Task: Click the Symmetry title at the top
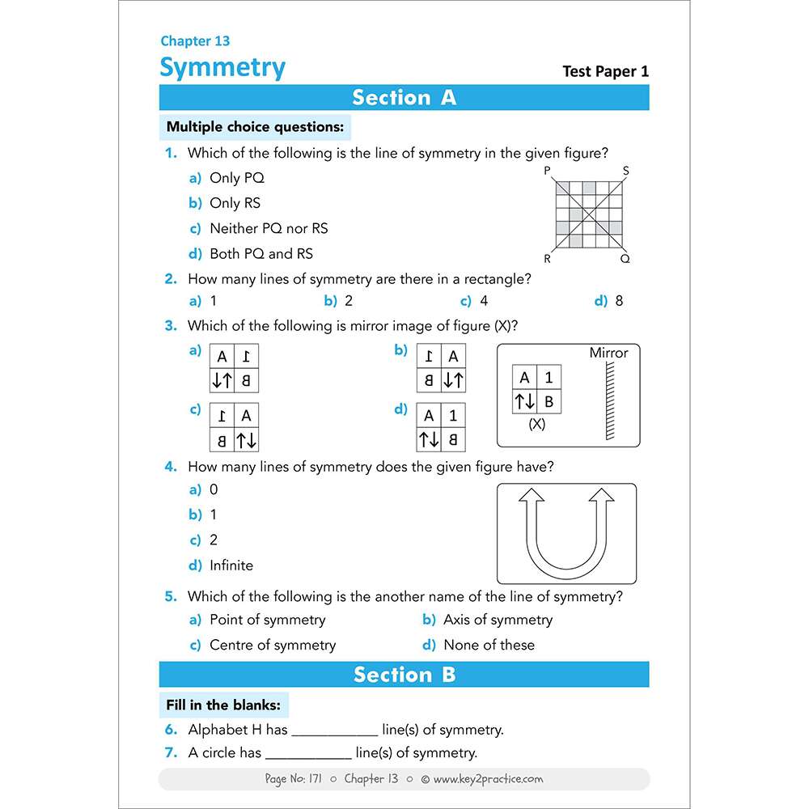tap(222, 68)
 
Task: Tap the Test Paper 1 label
tap(605, 71)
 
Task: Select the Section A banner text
tap(404, 98)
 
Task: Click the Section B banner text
tap(404, 675)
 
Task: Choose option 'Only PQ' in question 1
tap(236, 178)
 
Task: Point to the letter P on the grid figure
tap(548, 171)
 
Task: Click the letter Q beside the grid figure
tap(625, 259)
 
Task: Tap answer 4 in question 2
tap(483, 302)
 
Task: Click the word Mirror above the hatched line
tap(608, 353)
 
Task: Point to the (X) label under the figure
tap(536, 424)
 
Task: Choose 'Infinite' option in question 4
tap(231, 565)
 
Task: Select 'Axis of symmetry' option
tap(498, 621)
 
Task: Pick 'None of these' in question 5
tap(489, 646)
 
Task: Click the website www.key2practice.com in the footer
tap(488, 780)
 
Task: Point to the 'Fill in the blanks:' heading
tap(223, 705)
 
